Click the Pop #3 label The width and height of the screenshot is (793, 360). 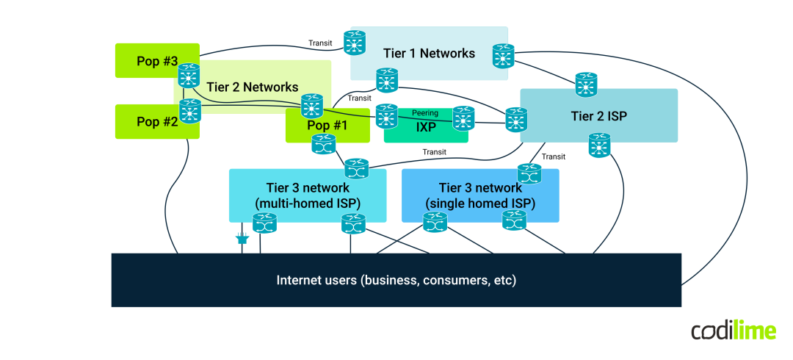click(157, 61)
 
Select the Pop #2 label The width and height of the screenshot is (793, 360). click(157, 122)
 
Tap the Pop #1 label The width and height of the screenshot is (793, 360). click(327, 125)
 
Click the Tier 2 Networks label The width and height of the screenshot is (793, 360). click(253, 87)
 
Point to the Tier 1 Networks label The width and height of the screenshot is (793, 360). click(429, 53)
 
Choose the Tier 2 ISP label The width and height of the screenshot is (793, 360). click(598, 116)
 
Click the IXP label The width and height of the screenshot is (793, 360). click(426, 127)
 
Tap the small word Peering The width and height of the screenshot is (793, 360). click(425, 113)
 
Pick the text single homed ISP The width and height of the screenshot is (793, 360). click(480, 203)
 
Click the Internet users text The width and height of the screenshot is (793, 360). click(396, 280)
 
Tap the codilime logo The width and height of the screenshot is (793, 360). click(734, 331)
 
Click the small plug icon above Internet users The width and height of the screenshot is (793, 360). click(241, 238)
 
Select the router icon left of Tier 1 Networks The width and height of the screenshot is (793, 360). click(355, 42)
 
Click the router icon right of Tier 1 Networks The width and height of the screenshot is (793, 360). click(504, 56)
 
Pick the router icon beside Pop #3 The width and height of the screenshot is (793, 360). click(189, 76)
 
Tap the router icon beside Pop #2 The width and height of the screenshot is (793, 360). click(190, 111)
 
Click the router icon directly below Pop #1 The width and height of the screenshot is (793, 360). click(323, 144)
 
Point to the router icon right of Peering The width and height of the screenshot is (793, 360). click(463, 118)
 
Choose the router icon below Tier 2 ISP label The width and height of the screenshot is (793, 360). click(599, 145)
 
